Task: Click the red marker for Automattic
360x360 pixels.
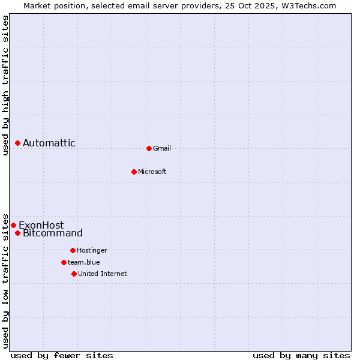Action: (18, 143)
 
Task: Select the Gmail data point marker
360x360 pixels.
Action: (149, 148)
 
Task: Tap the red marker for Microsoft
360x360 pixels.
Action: (134, 172)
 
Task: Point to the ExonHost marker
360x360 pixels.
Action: (14, 225)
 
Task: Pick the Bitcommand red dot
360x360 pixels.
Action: (18, 233)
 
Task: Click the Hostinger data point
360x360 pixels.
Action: (73, 250)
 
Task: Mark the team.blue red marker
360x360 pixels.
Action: (64, 262)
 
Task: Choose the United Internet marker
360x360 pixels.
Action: (74, 274)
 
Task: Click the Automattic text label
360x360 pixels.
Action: (49, 143)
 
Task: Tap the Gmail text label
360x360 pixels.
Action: (162, 148)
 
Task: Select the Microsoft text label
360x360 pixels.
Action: (152, 172)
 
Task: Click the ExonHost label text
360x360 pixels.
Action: (41, 225)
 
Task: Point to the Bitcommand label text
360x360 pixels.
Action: (53, 233)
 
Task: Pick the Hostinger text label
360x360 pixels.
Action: (92, 250)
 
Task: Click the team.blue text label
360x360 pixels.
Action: (84, 262)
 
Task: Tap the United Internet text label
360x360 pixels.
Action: (103, 274)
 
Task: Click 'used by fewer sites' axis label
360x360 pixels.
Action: (62, 355)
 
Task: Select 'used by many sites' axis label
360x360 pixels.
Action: (301, 355)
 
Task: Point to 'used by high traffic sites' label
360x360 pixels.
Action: (5, 85)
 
